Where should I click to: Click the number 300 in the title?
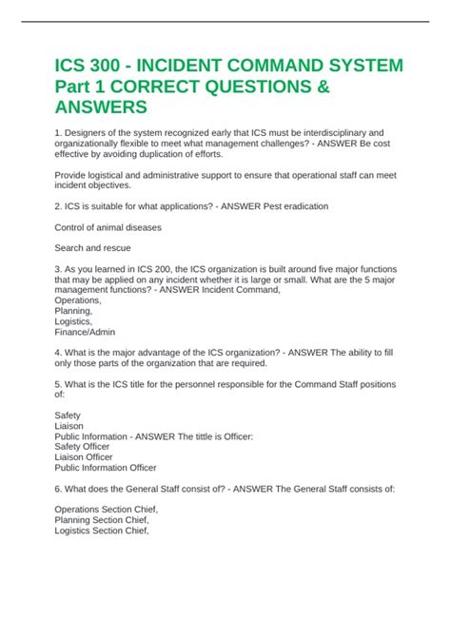tap(112, 68)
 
